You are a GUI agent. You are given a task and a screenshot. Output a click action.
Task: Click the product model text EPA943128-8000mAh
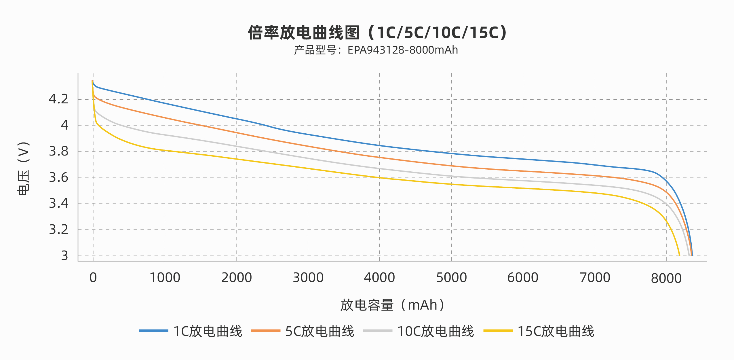tap(376, 50)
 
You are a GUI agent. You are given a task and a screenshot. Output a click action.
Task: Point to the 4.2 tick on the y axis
tap(59, 99)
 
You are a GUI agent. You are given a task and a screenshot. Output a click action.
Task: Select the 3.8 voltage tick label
tap(59, 151)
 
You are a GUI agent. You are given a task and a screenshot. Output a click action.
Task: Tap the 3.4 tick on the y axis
tap(59, 204)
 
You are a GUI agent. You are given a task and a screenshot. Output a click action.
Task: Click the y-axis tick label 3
tap(64, 256)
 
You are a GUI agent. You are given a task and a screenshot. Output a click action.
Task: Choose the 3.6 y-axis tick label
tap(59, 178)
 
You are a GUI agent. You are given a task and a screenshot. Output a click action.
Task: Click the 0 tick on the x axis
tap(93, 278)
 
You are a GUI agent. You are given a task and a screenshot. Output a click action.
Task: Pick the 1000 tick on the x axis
tap(165, 278)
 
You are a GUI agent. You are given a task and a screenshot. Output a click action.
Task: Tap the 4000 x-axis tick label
tap(379, 278)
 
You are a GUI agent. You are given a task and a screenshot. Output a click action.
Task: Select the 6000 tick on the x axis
tap(523, 278)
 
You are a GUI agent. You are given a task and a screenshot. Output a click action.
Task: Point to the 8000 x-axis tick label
tap(666, 278)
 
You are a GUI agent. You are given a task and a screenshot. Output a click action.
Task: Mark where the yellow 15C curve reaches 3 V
tap(679, 255)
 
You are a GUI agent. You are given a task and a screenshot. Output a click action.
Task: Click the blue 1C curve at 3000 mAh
tap(308, 134)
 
